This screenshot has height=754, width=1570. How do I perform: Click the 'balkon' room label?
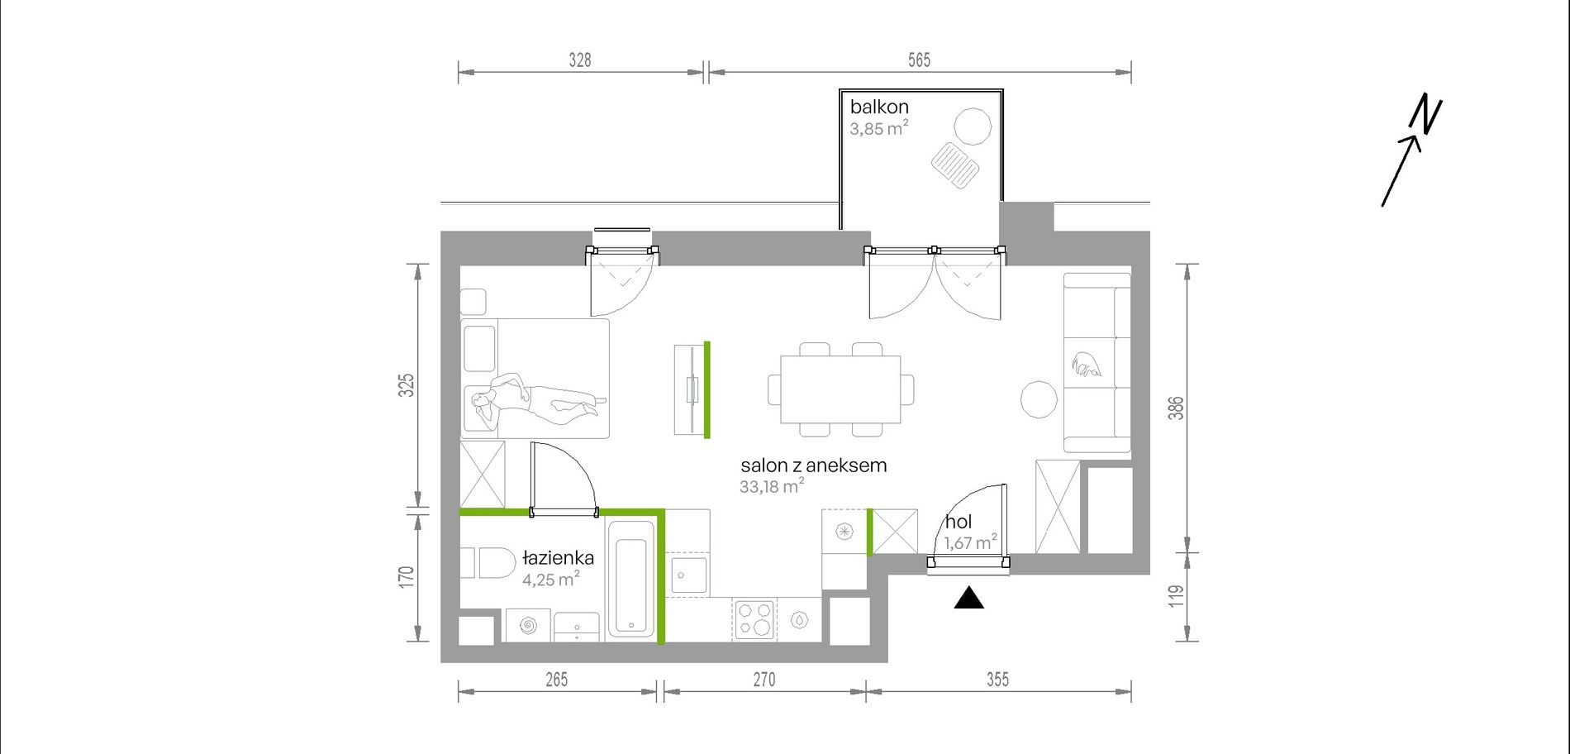[x=879, y=107]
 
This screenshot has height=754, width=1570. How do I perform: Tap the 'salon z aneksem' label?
[x=814, y=465]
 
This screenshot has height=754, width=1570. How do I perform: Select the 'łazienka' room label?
[x=558, y=558]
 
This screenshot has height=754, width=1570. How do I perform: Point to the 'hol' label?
[x=959, y=522]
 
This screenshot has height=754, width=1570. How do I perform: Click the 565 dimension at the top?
[x=919, y=60]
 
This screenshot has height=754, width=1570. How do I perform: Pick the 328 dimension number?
[x=580, y=60]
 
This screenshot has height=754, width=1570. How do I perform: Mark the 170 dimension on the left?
[x=406, y=575]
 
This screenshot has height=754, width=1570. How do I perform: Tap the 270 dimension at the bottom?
[x=764, y=680]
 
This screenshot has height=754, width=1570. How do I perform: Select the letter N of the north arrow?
[x=1427, y=115]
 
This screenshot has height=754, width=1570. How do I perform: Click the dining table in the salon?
[x=841, y=389]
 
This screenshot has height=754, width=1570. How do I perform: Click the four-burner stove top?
[x=755, y=620]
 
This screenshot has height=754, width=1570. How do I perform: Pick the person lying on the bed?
[x=538, y=400]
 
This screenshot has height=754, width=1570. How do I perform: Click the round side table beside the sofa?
[x=1039, y=399]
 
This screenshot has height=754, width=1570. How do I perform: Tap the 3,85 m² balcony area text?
[x=879, y=128]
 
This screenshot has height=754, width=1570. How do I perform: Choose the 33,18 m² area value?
[x=772, y=486]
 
